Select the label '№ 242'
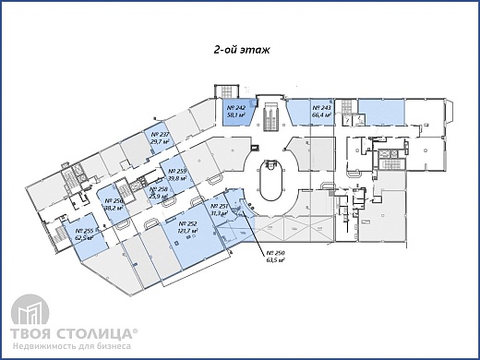point(234,109)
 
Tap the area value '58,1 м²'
point(234,116)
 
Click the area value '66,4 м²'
point(322,116)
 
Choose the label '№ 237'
point(159,136)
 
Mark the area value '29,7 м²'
point(159,143)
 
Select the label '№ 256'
point(114,201)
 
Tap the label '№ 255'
point(87,231)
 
